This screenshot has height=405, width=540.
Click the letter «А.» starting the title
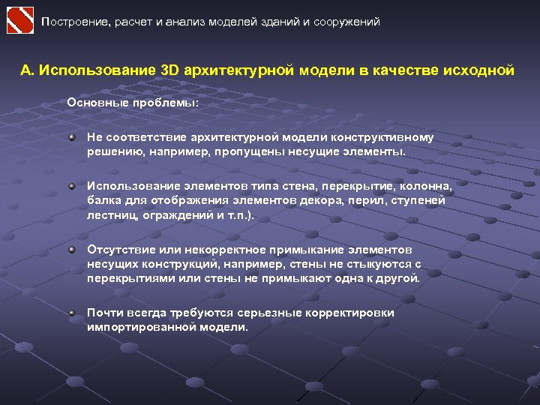[28, 70]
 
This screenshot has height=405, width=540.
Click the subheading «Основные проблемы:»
[133, 103]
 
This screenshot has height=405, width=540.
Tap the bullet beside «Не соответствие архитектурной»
[72, 138]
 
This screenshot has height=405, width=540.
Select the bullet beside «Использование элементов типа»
[72, 186]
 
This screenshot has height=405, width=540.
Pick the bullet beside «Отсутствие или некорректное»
[72, 249]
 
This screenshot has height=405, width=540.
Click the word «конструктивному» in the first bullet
[388, 138]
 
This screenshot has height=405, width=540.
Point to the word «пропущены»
[244, 151]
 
